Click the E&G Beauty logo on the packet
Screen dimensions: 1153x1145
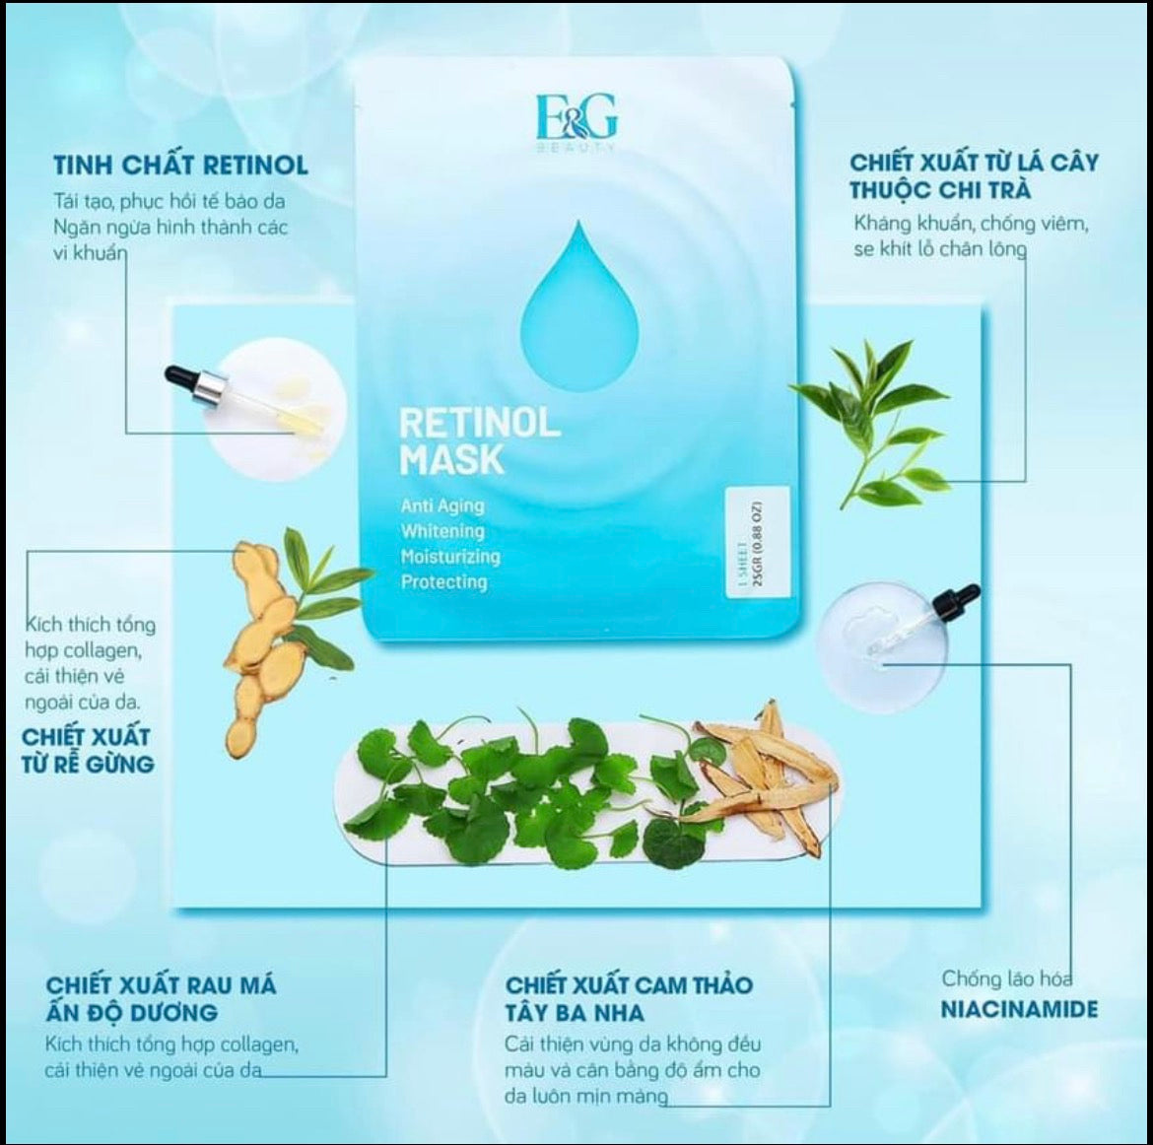(577, 122)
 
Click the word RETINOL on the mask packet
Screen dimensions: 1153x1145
(479, 423)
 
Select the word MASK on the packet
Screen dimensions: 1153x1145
(451, 459)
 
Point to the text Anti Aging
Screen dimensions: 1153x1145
(442, 505)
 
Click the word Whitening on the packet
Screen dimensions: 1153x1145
(442, 531)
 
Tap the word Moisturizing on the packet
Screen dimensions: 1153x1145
(450, 557)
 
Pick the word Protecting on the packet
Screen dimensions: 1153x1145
(444, 581)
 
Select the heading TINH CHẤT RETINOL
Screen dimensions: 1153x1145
(181, 166)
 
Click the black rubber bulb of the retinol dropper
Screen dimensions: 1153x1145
(181, 375)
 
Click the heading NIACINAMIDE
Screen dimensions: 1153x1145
(1019, 1009)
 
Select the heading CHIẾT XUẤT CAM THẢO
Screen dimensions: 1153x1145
(630, 984)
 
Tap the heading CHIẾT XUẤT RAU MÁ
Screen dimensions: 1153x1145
(161, 984)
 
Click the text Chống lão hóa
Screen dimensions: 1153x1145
(1007, 978)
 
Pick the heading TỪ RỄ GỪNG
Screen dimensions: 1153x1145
(89, 764)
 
